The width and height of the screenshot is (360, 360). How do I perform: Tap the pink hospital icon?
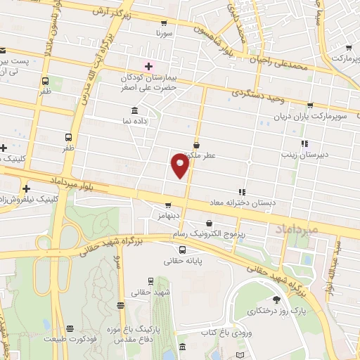coord(148,66)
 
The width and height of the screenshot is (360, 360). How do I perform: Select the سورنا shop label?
coord(164,33)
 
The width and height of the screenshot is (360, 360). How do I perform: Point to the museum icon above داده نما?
coord(134,111)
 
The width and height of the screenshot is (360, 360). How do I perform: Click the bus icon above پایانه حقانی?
coord(183,250)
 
